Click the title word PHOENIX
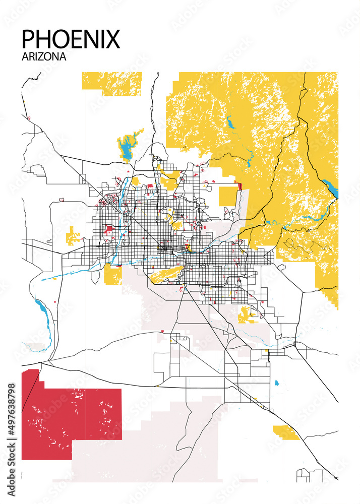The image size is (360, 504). [71, 39]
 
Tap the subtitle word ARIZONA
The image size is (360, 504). [44, 56]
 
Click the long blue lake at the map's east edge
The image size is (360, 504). [331, 188]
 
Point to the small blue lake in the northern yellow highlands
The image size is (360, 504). [230, 122]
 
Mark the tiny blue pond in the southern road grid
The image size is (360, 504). [276, 383]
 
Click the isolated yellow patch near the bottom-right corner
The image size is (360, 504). [285, 432]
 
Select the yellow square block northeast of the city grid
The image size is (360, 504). [228, 197]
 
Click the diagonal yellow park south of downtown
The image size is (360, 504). [164, 274]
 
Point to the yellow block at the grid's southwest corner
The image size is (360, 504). [112, 274]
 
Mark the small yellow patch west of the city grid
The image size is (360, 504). [73, 236]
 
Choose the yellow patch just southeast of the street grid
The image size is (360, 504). [247, 314]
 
